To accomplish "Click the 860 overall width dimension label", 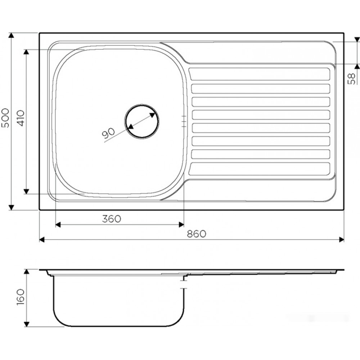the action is [x=197, y=234].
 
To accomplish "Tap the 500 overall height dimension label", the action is [x=5, y=118].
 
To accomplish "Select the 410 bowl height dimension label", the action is [x=21, y=118].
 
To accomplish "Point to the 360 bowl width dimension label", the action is [x=111, y=219].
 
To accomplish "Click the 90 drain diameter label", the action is [x=108, y=134].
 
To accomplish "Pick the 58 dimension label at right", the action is [x=351, y=78].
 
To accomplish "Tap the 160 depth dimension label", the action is [x=21, y=297].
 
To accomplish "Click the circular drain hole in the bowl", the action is [x=141, y=121].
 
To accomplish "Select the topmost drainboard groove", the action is [x=260, y=74].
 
